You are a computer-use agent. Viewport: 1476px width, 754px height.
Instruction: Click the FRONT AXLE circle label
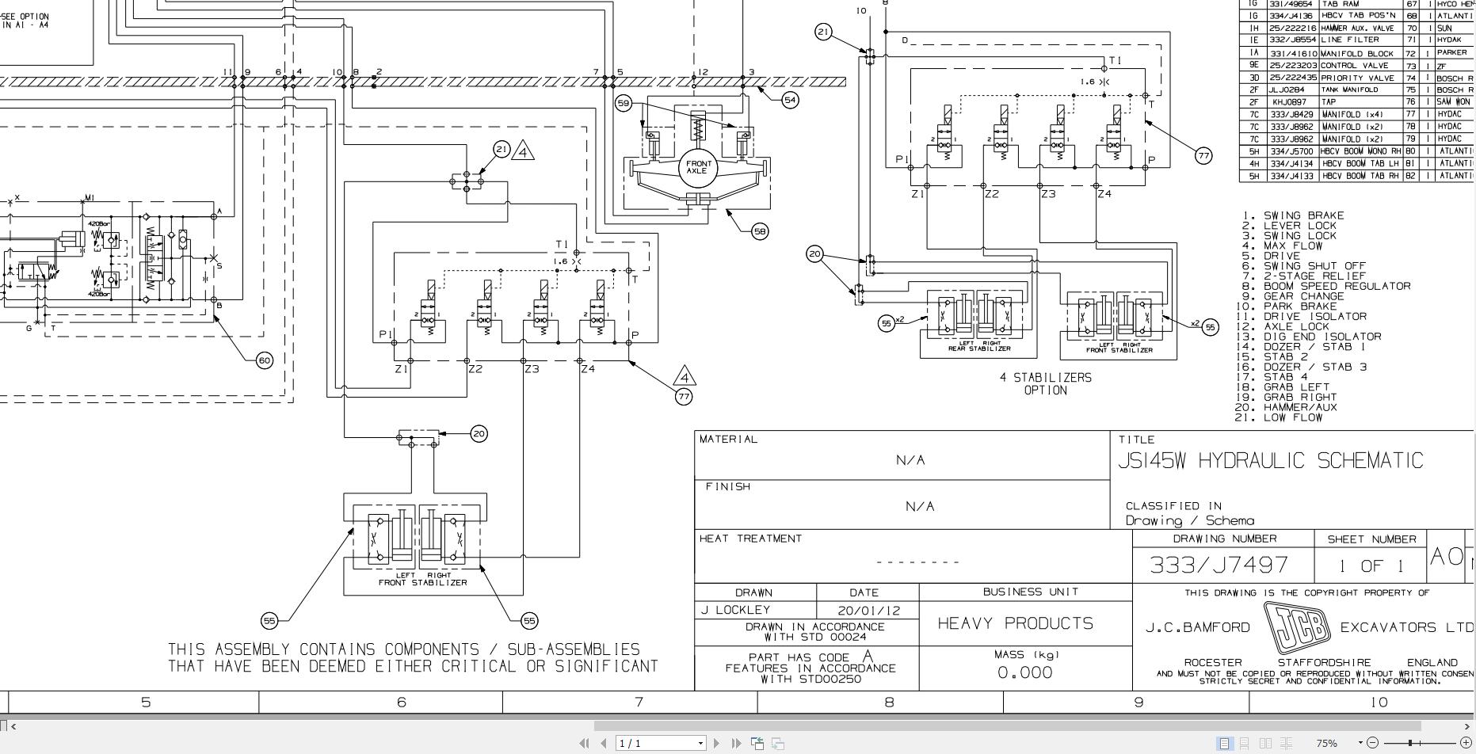(x=696, y=167)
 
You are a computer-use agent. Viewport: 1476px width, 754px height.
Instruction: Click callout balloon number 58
(x=760, y=231)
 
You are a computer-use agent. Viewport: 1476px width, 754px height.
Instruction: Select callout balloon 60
(x=265, y=360)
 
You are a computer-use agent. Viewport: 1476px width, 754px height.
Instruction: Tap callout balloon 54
(x=790, y=100)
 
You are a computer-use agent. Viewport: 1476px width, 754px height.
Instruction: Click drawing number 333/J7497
(x=1219, y=565)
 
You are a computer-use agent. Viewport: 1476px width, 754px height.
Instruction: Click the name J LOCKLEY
(x=736, y=610)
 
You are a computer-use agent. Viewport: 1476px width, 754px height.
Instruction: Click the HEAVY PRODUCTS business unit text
(x=1015, y=623)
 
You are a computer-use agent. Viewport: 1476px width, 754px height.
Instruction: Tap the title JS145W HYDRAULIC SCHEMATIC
(x=1270, y=460)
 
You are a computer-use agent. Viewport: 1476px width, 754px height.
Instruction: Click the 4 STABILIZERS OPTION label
(x=1045, y=383)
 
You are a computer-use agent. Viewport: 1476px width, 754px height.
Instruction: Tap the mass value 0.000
(x=1024, y=672)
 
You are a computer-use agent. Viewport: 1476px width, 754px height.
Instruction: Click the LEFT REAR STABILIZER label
(x=979, y=346)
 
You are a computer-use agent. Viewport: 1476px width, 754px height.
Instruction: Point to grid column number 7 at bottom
(x=639, y=702)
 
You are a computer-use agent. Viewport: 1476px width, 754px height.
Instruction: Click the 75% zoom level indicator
(x=1326, y=743)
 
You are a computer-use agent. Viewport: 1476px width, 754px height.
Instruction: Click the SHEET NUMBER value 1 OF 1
(x=1371, y=565)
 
